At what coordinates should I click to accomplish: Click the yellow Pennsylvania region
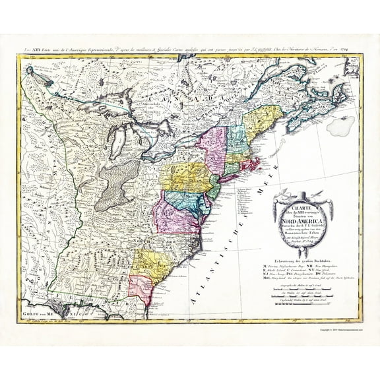pyautogui.click(x=186, y=176)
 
